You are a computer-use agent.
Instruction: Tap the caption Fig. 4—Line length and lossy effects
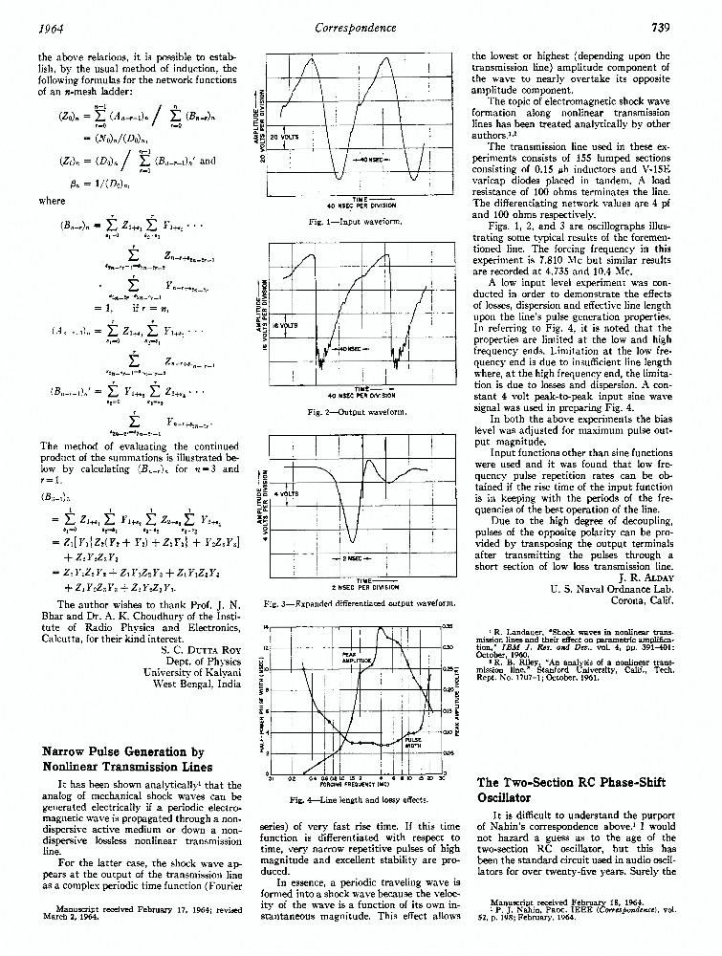click(x=358, y=798)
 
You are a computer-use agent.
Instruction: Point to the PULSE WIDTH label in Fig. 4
click(x=414, y=741)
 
